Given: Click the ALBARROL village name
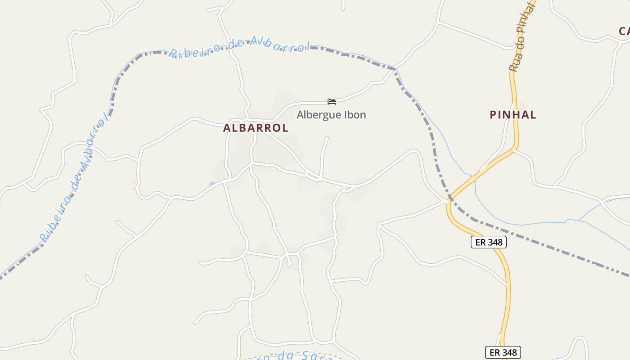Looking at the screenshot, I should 256,128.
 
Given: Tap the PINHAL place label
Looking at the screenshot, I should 513,115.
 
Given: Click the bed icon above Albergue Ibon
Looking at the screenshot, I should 332,102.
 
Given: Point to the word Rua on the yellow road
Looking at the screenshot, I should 514,63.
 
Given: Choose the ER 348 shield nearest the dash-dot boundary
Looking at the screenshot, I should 489,242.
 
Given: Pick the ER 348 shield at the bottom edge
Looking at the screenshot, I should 503,352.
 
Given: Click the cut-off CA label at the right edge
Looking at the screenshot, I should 624,31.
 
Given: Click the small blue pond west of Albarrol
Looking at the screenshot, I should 212,183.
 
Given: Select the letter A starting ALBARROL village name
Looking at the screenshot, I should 227,128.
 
